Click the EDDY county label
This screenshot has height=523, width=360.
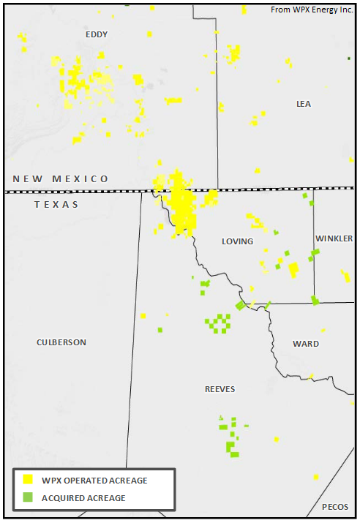pos(97,34)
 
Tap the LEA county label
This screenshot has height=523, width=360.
pos(304,104)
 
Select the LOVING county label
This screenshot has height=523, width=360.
pos(237,241)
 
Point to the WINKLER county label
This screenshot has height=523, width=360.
pos(334,239)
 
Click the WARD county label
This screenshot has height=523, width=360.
pos(306,344)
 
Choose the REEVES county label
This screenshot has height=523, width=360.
pos(220,389)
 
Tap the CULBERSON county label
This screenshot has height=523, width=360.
pos(61,342)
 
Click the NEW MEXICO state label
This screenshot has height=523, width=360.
pos(61,179)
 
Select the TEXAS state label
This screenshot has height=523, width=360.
pos(56,205)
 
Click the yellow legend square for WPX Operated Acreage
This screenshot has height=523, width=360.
pos(28,480)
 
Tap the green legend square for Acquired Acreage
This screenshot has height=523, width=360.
pos(28,497)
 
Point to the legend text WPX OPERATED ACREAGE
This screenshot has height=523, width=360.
pos(94,481)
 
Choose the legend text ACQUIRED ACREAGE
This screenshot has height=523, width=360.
pos(83,498)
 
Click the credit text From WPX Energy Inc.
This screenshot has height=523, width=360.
pos(312,10)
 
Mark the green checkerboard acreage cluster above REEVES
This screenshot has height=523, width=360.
pos(217,323)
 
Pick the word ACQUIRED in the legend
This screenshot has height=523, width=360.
pos(63,498)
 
